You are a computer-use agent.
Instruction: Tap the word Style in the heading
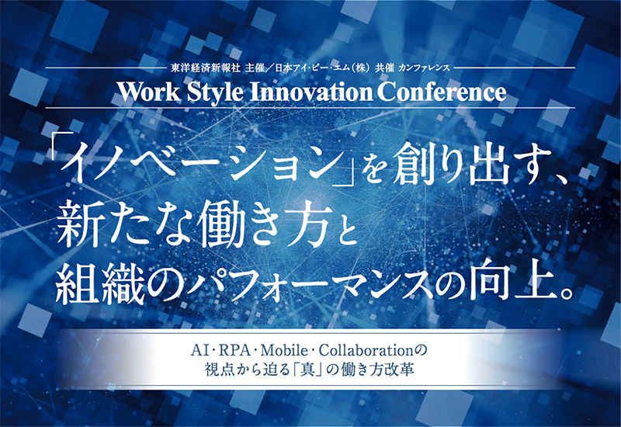[215, 93]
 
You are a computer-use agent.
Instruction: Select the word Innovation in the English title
[311, 92]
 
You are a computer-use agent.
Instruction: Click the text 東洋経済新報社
[206, 68]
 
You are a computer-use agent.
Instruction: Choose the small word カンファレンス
[424, 68]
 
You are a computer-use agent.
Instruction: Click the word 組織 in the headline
[100, 283]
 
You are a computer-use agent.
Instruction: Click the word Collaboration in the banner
[366, 351]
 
